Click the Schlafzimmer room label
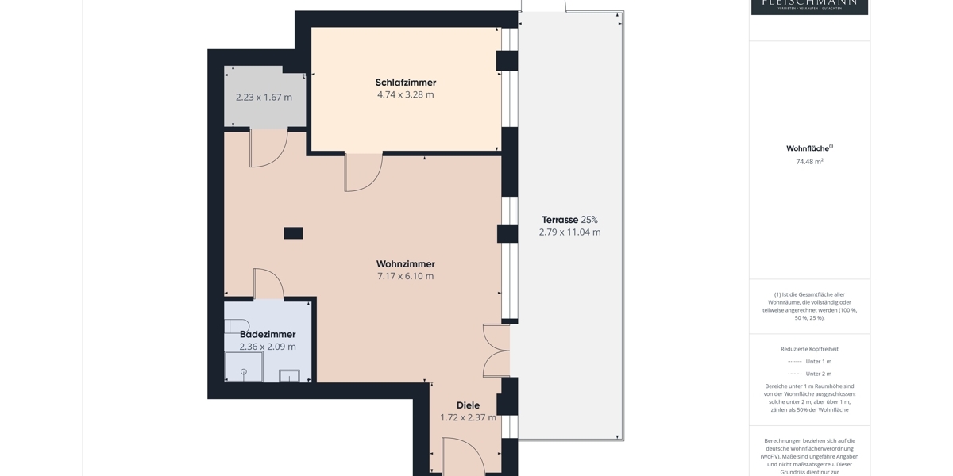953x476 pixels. (x=405, y=83)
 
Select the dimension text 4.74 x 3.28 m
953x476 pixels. (x=405, y=94)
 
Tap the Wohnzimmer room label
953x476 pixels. (x=405, y=264)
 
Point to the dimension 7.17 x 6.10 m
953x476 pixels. (x=405, y=276)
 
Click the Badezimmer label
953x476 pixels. (x=268, y=334)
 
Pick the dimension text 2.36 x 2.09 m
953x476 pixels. (x=268, y=347)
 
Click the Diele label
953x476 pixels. (x=468, y=405)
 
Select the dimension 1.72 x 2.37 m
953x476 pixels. (x=468, y=417)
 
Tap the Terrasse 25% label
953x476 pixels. (x=569, y=220)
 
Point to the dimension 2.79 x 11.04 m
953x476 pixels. (x=569, y=232)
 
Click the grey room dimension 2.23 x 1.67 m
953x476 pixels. (x=264, y=98)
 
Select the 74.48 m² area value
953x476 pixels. (x=809, y=162)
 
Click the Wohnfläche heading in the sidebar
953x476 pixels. (x=808, y=148)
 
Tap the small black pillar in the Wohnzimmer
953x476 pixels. (x=293, y=233)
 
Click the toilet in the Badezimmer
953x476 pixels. (x=236, y=326)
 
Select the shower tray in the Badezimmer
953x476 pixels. (x=243, y=367)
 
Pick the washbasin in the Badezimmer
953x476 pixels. (x=289, y=375)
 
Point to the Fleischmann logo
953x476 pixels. (x=809, y=6)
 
